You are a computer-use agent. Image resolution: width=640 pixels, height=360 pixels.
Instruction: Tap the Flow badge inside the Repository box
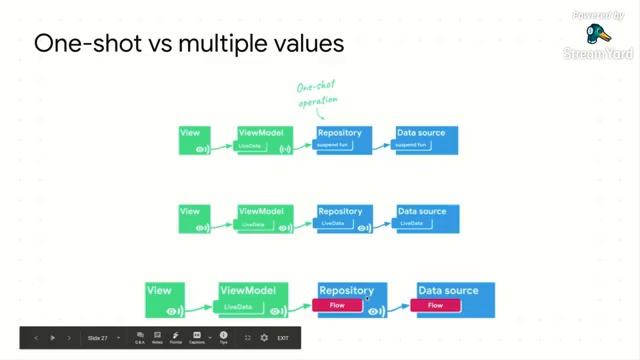coord(337,305)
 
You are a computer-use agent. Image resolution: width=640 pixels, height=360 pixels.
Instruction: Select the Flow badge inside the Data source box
coord(435,305)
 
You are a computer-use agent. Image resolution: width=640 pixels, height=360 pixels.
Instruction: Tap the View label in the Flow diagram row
coord(159,290)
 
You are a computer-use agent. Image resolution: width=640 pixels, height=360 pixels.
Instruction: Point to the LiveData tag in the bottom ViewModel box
coord(238,306)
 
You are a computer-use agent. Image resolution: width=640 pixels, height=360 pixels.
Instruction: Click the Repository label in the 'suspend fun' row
coord(339,132)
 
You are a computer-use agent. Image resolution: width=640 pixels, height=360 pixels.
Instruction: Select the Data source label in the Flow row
coord(448,290)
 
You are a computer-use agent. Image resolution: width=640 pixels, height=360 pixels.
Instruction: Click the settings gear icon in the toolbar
coord(264,338)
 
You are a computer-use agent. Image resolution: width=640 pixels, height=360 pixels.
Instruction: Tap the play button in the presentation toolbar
coord(53,338)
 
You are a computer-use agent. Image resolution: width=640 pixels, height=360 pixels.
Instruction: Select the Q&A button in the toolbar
coord(140,338)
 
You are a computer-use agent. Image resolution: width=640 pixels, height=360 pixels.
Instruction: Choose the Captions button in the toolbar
coord(197,338)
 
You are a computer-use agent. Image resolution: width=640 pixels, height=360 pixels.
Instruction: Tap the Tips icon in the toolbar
coord(223,338)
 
